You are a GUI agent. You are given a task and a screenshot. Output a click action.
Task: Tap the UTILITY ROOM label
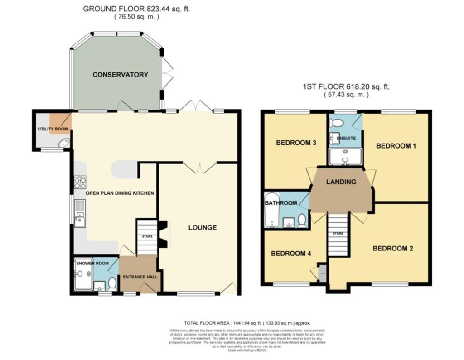click(53, 129)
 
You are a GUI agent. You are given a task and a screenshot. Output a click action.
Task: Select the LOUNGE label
click(203, 227)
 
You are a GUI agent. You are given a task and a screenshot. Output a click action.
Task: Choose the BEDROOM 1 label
click(396, 146)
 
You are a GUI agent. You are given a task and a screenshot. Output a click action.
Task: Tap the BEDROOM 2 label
click(393, 248)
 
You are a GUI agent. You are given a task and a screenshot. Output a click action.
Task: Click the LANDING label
click(341, 182)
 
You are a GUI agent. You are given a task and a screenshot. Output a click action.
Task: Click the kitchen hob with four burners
click(80, 182)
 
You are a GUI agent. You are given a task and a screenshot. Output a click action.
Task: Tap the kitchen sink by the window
click(80, 213)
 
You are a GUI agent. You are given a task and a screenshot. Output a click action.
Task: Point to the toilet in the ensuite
click(337, 122)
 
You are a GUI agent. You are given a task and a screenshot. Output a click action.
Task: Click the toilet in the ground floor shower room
click(112, 284)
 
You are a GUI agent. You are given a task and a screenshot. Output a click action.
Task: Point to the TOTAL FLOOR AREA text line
click(247, 323)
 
